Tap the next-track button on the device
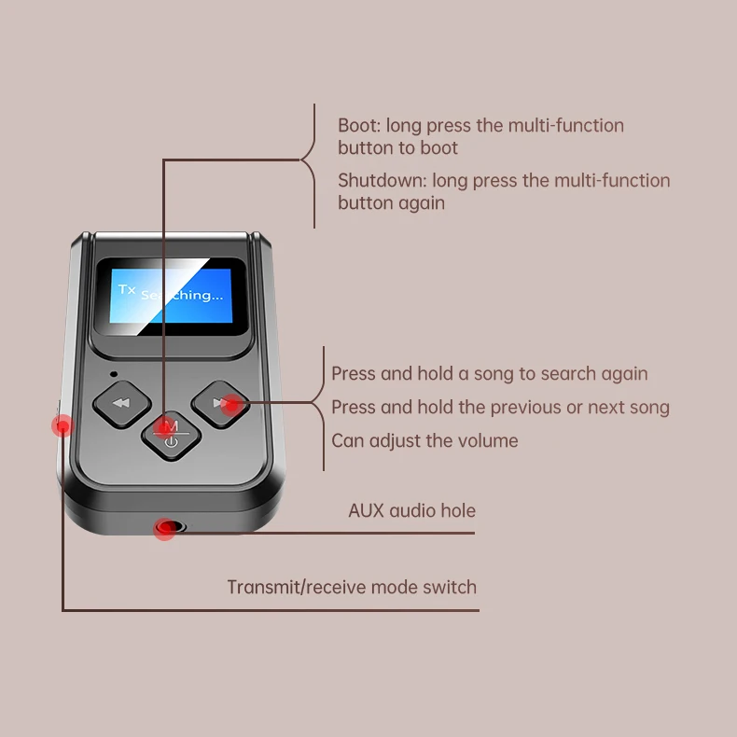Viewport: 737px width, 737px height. (221, 403)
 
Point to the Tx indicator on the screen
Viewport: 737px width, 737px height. (127, 289)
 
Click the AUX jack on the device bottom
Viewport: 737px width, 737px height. (167, 529)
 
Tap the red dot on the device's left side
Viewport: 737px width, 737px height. (63, 426)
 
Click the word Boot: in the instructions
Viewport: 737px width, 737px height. (359, 125)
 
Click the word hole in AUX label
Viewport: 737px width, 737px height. (458, 510)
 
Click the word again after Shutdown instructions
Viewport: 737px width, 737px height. (418, 202)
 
